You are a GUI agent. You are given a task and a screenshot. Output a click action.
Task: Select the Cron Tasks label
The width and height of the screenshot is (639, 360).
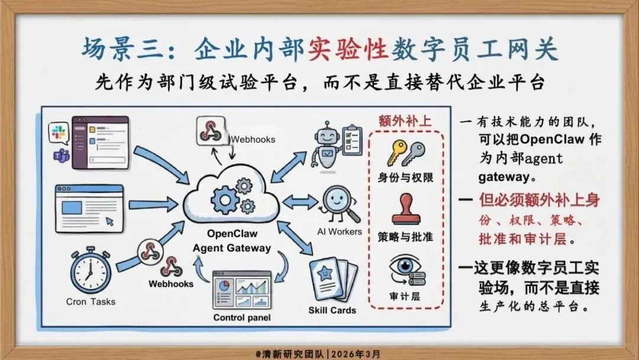click(91, 301)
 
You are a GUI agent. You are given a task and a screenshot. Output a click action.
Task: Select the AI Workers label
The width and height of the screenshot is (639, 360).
click(340, 232)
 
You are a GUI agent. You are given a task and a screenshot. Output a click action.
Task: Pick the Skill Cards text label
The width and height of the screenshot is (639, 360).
click(333, 310)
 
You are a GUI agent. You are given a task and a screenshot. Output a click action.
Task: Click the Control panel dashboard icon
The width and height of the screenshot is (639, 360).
click(241, 291)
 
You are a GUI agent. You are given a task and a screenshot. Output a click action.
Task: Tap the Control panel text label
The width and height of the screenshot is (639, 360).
click(241, 318)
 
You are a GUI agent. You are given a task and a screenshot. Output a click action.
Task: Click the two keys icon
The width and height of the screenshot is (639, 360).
click(405, 153)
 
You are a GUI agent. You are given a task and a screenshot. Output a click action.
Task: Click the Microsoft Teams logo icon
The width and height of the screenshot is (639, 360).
click(60, 156)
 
